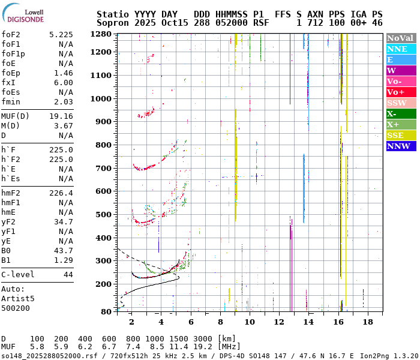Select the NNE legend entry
pyautogui.click(x=397, y=49)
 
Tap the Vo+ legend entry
pyautogui.click(x=396, y=92)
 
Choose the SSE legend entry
pyautogui.click(x=395, y=135)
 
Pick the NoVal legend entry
pyautogui.click(x=400, y=38)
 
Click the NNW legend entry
pyautogui.click(x=398, y=146)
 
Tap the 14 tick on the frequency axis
pyautogui.click(x=308, y=322)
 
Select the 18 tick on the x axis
pyautogui.click(x=368, y=322)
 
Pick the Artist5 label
pyautogui.click(x=18, y=298)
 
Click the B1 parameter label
pyautogui.click(x=6, y=260)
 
